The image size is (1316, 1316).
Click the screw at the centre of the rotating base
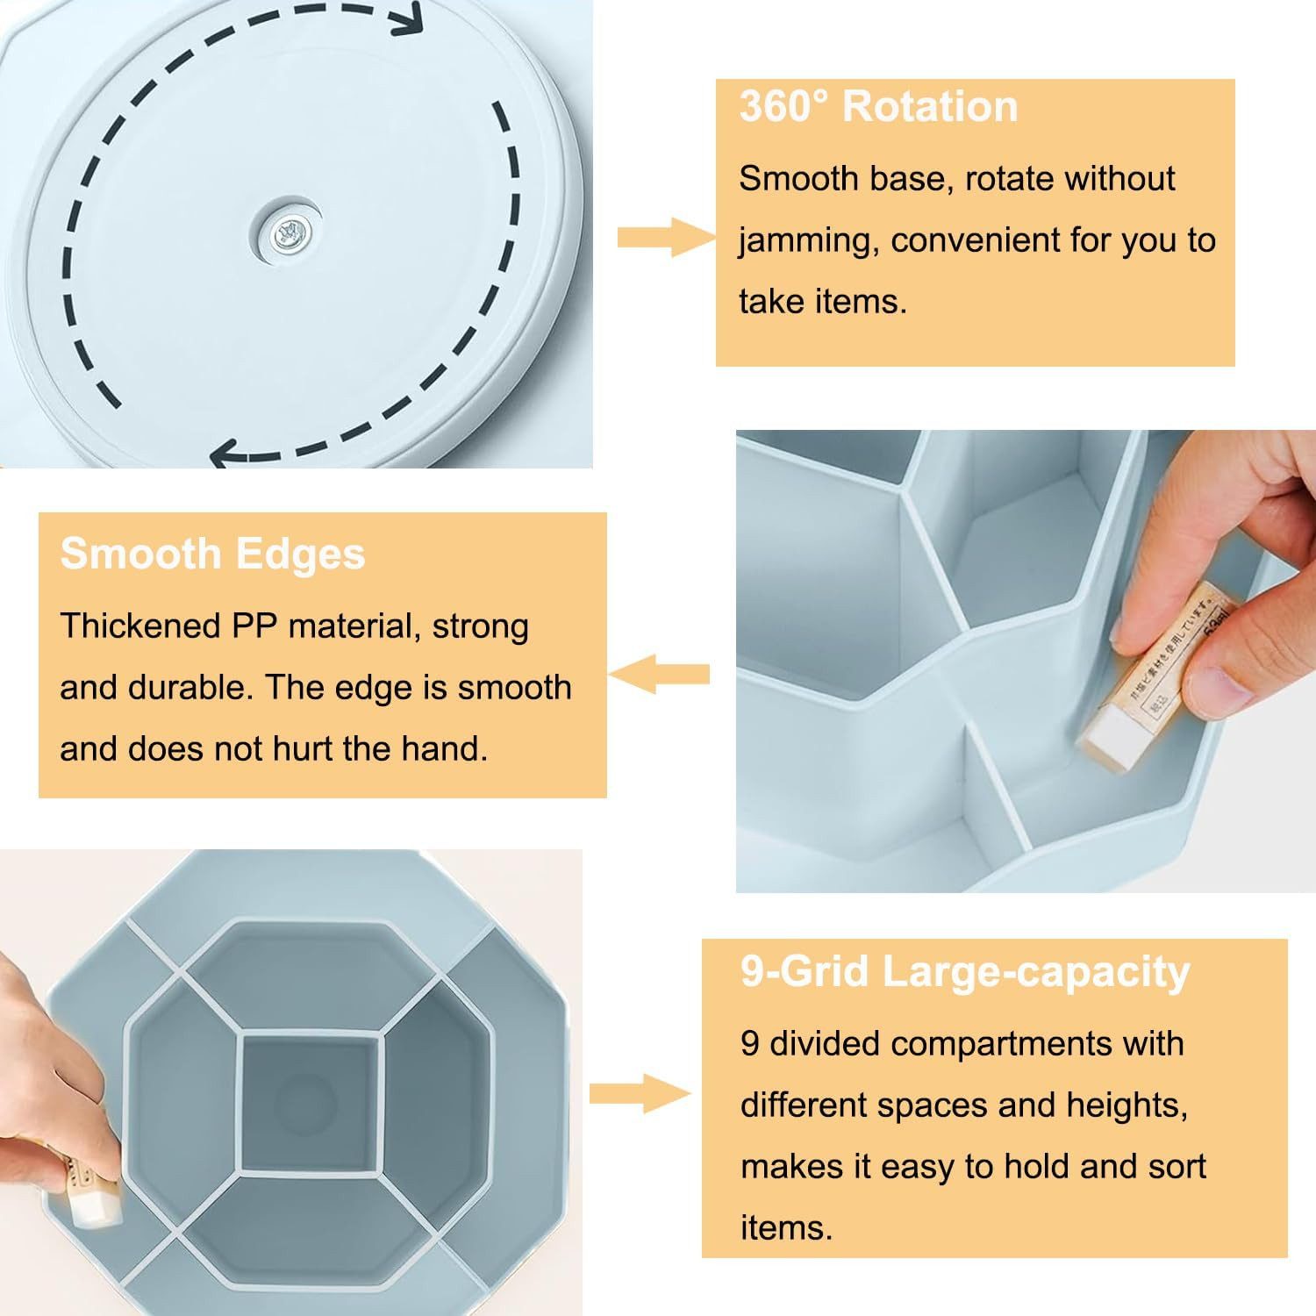coord(286,234)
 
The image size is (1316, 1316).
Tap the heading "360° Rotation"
coord(878,106)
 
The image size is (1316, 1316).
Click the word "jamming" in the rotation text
coord(808,240)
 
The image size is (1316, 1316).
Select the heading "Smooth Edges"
coord(212,554)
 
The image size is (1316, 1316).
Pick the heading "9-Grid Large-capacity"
coord(965,972)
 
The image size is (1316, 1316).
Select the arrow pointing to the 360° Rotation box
coord(667,237)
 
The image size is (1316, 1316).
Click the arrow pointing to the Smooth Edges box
coord(659,674)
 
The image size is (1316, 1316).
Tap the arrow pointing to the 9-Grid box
coord(640,1093)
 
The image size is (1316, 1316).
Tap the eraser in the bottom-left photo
coord(91,1189)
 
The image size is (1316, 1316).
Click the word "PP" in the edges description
coord(254,626)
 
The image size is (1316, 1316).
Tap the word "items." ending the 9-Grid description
coord(786,1227)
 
